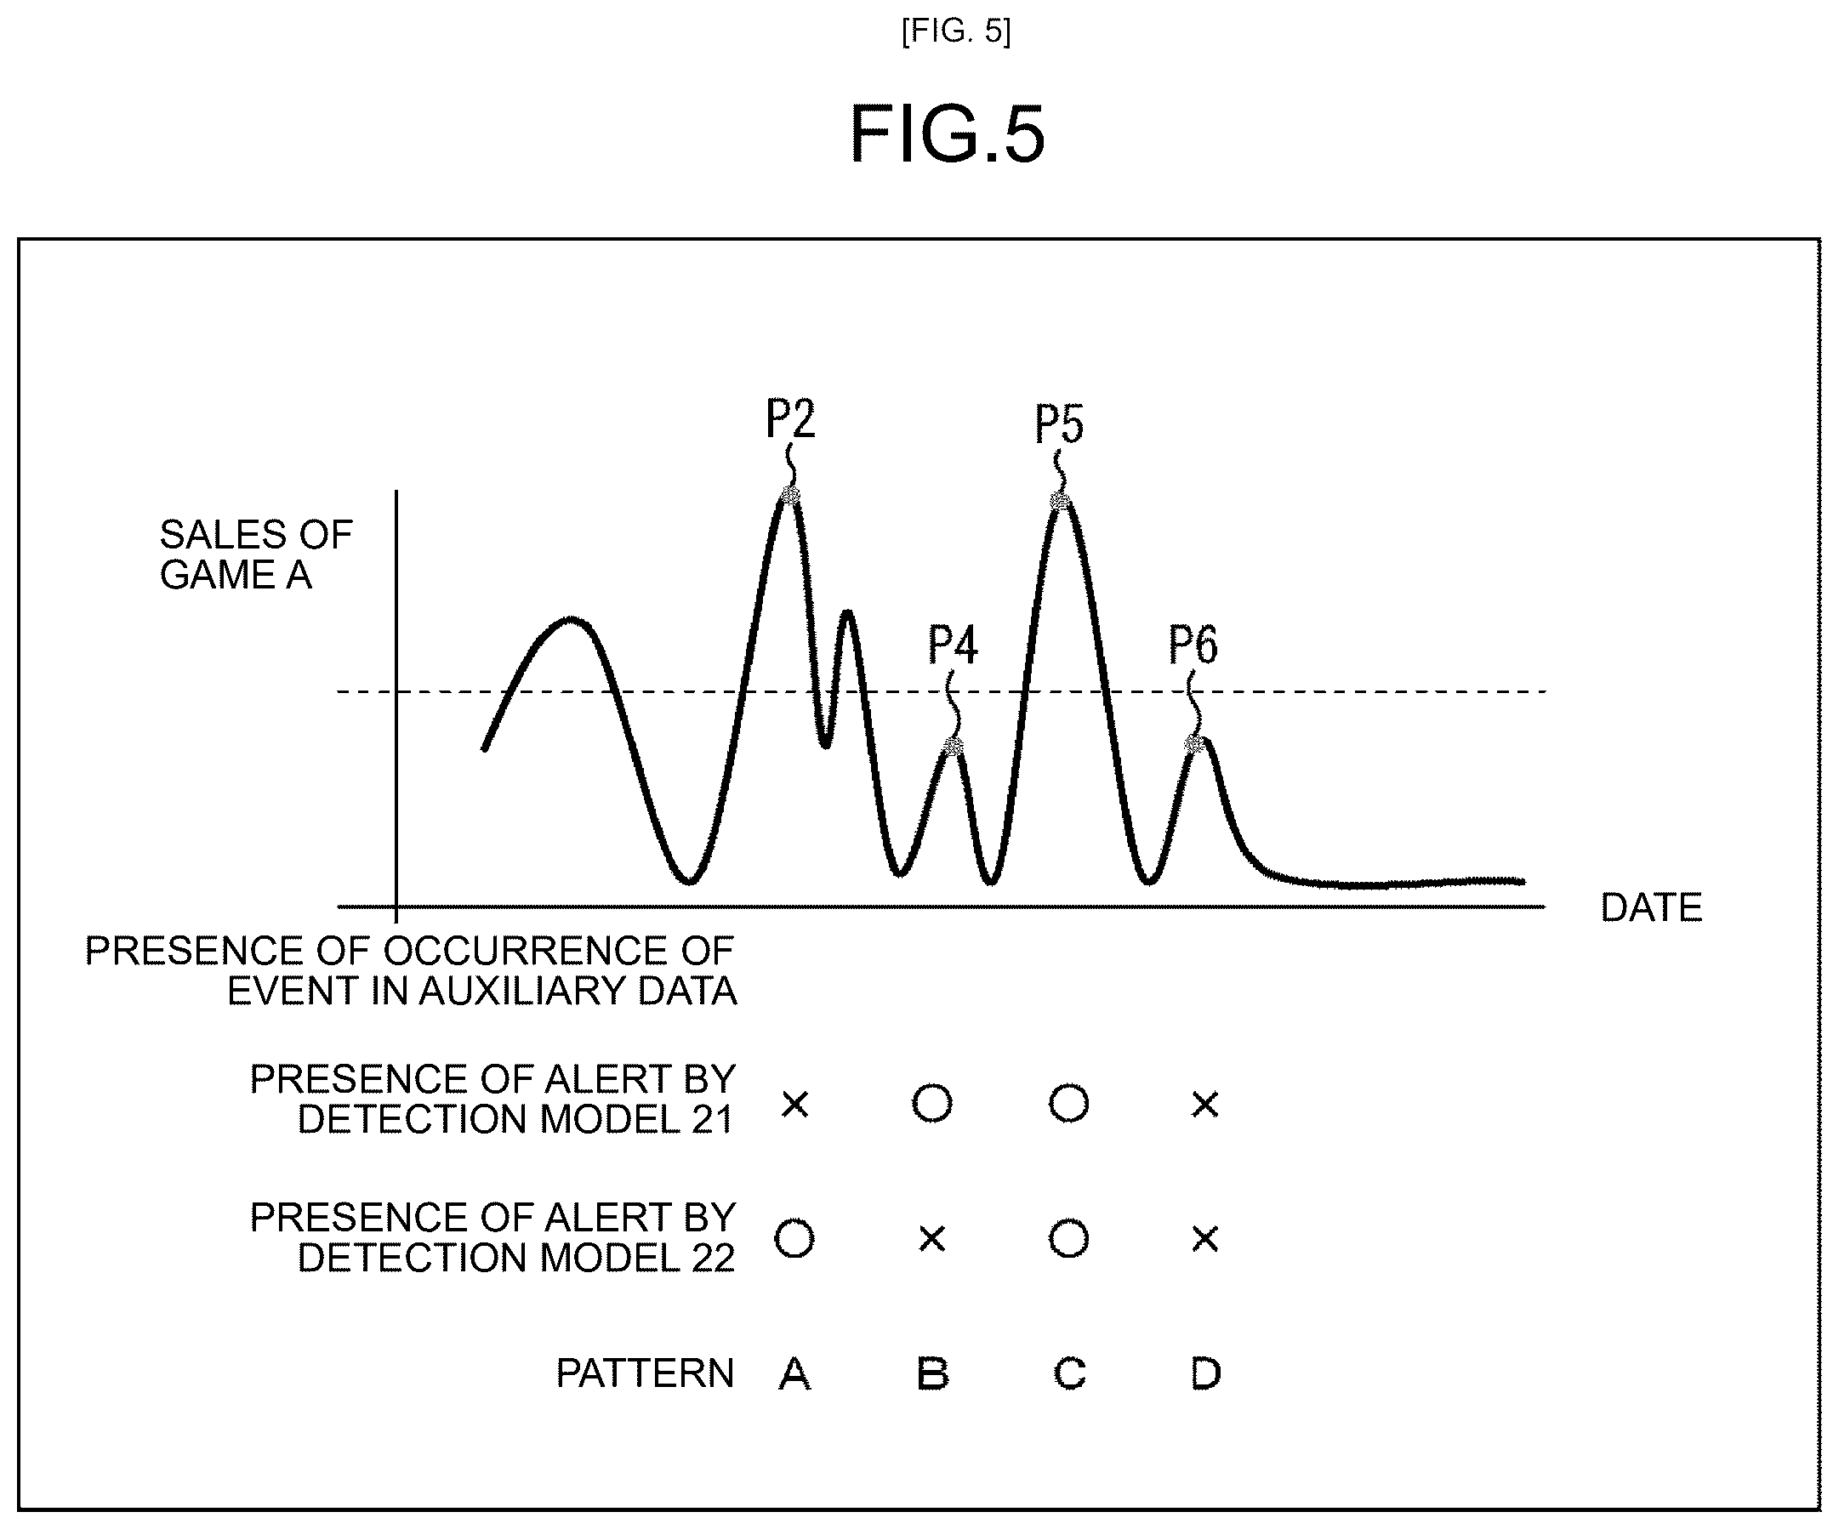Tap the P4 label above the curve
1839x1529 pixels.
point(953,645)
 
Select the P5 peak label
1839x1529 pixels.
point(1060,423)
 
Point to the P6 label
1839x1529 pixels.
point(1193,645)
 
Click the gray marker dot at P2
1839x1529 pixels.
point(790,497)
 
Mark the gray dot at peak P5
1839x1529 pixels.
point(1060,502)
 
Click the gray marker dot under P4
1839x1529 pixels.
point(954,746)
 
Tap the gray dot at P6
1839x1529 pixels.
point(1194,744)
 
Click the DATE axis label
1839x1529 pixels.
point(1652,907)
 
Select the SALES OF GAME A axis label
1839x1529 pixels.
point(256,554)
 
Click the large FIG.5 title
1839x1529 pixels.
point(948,134)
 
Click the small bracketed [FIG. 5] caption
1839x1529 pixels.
point(956,32)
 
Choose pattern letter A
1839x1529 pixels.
point(794,1373)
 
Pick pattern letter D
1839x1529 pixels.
point(1206,1373)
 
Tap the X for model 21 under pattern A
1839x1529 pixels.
point(795,1105)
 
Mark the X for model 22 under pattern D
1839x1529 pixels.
point(1206,1239)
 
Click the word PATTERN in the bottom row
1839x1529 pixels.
point(646,1373)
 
